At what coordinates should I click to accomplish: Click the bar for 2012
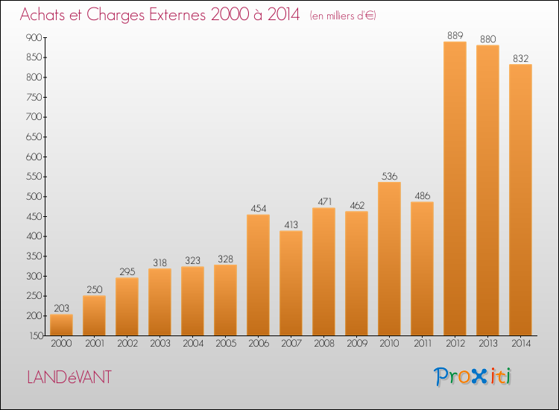[x=455, y=189]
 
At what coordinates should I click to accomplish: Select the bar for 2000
[x=61, y=325]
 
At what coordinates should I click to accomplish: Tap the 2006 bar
[x=258, y=275]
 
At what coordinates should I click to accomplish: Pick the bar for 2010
[x=389, y=259]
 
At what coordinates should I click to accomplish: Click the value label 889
[x=455, y=35]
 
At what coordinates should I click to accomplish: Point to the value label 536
[x=389, y=176]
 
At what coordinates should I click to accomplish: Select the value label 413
[x=291, y=224]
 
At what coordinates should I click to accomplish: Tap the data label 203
[x=61, y=308]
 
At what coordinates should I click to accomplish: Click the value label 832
[x=520, y=58]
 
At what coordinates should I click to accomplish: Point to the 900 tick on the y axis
[x=34, y=37]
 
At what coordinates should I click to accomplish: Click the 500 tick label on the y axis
[x=34, y=197]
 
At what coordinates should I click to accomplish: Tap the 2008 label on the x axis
[x=324, y=344]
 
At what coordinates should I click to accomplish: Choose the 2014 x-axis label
[x=521, y=344]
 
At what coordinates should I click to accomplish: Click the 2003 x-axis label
[x=160, y=344]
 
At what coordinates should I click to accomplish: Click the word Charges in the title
[x=116, y=15]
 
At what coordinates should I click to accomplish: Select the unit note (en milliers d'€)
[x=343, y=16]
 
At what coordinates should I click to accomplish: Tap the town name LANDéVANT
[x=69, y=377]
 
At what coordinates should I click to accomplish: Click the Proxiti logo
[x=473, y=376]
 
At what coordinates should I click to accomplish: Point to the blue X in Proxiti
[x=479, y=377]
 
